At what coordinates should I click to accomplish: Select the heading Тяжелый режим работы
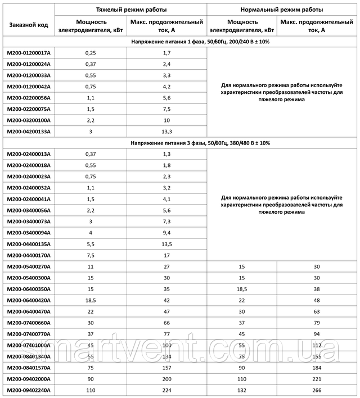point(132,10)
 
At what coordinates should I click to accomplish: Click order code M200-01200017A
point(28,53)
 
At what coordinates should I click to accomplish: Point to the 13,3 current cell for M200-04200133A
point(166,132)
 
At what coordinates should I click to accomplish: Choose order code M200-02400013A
point(28,154)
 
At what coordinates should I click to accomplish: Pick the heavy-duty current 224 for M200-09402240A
point(166,390)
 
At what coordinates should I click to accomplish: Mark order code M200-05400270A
point(28,266)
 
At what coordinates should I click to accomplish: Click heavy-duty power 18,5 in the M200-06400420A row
point(91,300)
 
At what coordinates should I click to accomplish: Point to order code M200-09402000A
point(28,379)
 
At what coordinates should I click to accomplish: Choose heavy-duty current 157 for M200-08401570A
point(166,368)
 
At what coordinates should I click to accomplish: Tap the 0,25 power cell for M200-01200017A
point(91,53)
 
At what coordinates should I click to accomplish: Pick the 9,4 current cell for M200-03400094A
point(166,233)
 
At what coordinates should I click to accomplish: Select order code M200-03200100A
point(28,120)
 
